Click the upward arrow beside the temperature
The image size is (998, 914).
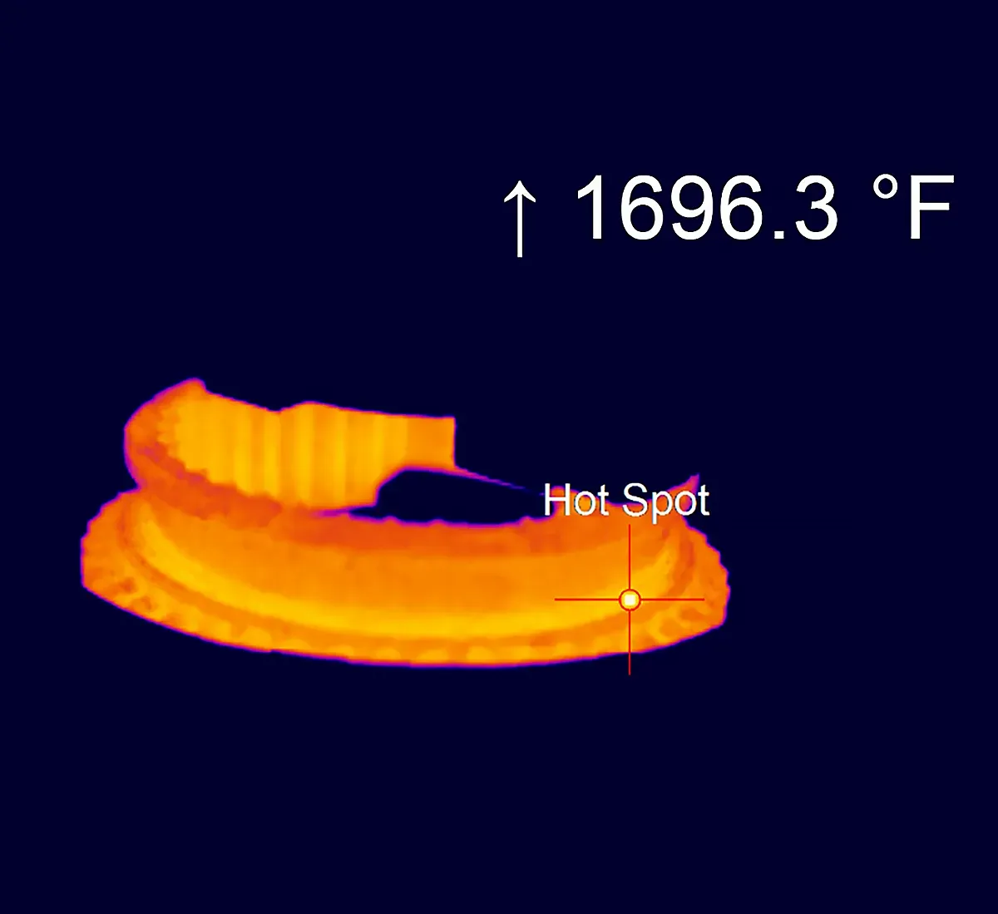pos(520,219)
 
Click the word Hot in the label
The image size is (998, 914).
pos(576,501)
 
